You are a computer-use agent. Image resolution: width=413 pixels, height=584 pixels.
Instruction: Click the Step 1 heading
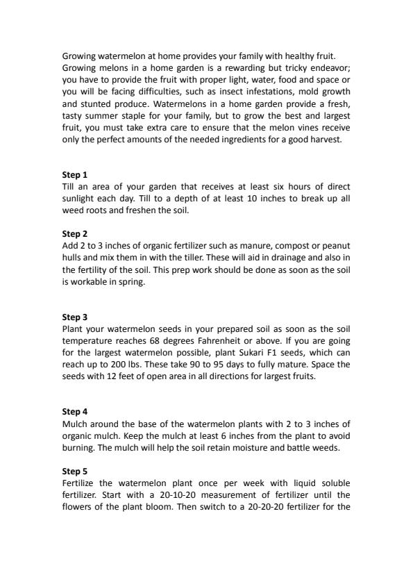pyautogui.click(x=75, y=175)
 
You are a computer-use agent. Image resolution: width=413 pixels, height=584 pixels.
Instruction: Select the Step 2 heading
pyautogui.click(x=75, y=234)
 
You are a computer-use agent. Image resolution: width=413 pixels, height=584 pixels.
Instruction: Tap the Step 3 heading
pyautogui.click(x=75, y=317)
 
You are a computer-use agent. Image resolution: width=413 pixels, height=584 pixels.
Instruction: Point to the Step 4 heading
pyautogui.click(x=75, y=412)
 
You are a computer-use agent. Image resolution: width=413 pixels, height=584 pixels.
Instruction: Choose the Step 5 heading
pyautogui.click(x=75, y=471)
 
